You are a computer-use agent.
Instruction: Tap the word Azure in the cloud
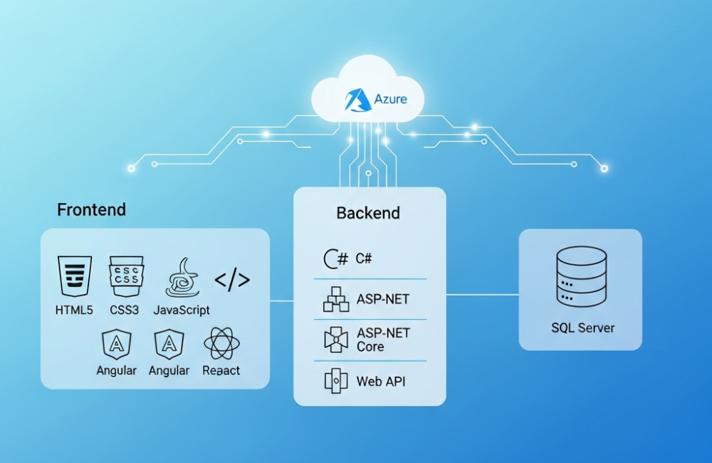tap(391, 98)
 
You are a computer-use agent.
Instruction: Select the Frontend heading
tap(91, 209)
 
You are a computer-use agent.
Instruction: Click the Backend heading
tap(368, 213)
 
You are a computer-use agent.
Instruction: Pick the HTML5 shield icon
tap(75, 276)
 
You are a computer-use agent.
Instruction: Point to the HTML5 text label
tap(74, 311)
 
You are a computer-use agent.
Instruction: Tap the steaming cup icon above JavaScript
tap(182, 277)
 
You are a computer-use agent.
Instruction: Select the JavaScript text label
tap(182, 311)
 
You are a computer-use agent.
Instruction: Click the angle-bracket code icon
tap(232, 280)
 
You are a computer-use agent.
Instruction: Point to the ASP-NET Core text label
tap(383, 340)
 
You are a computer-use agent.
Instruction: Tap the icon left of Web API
tap(336, 380)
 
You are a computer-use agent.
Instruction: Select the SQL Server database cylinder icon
tap(581, 279)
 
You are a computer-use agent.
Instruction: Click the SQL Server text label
tap(582, 328)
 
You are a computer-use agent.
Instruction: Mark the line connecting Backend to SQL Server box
tap(482, 294)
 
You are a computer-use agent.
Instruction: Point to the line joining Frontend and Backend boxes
tap(282, 301)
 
